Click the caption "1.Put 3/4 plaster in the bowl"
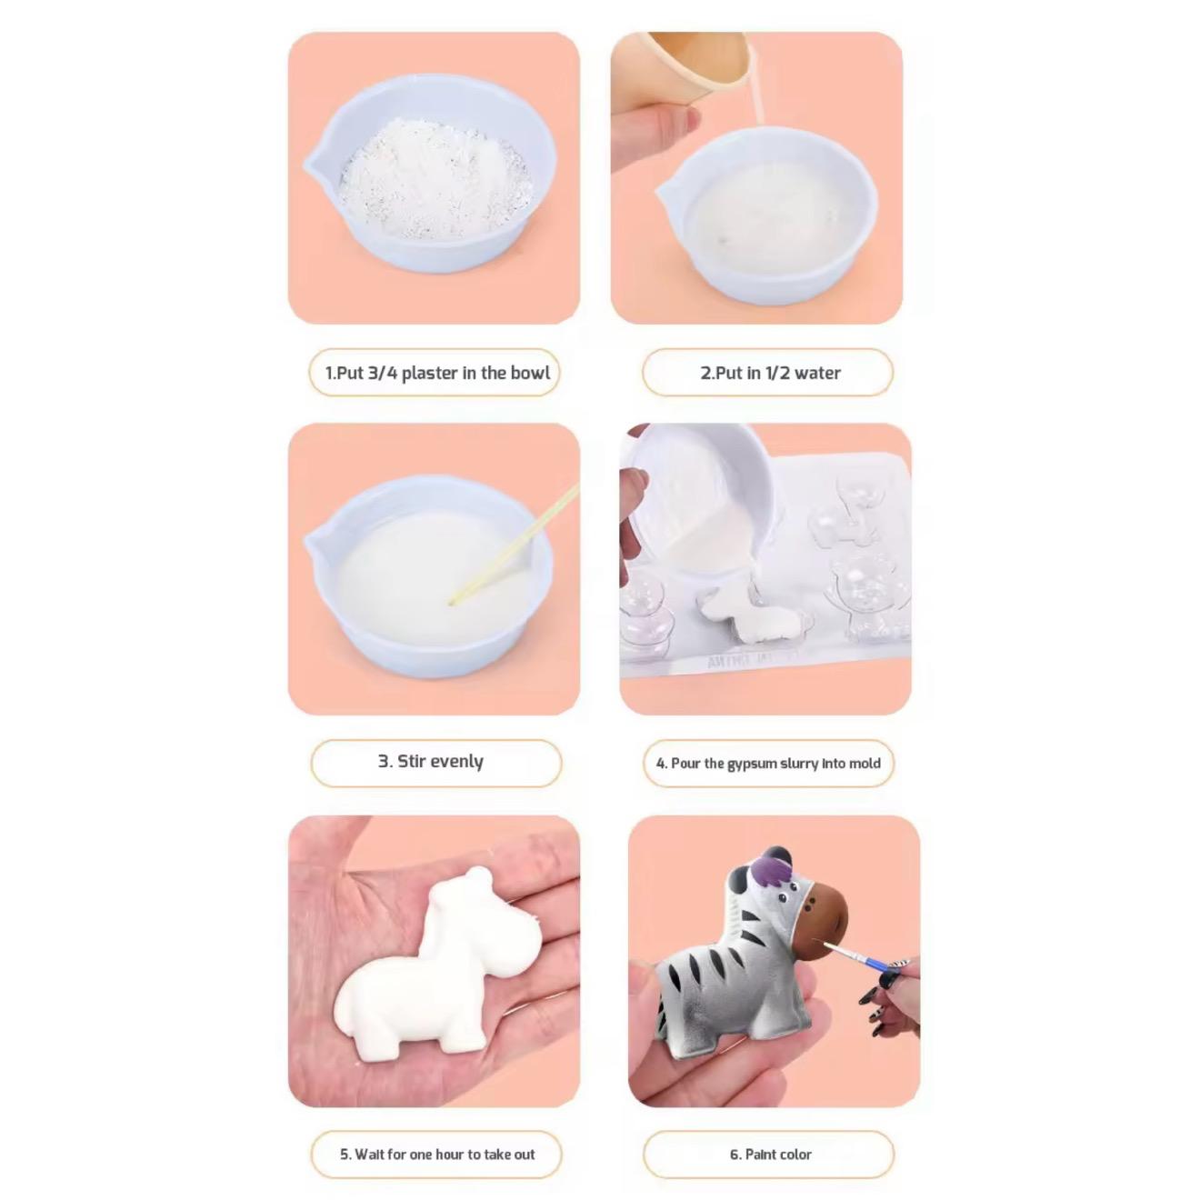pos(435,373)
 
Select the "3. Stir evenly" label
pos(435,762)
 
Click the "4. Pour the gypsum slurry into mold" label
pos(768,764)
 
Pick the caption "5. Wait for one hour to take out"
pos(436,1154)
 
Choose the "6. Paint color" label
pos(769,1154)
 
